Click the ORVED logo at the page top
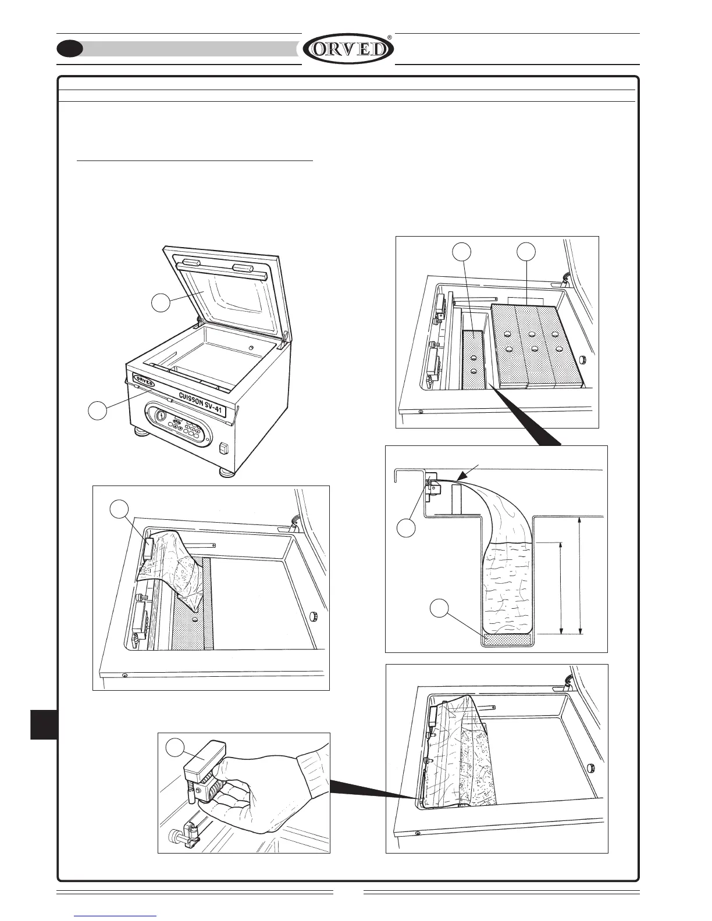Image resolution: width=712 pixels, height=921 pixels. (x=348, y=49)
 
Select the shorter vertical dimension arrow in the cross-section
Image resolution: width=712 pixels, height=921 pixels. (x=561, y=588)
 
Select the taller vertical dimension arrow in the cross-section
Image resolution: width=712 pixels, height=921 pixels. (x=581, y=575)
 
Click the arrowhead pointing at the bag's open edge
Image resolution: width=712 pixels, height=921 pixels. (x=458, y=477)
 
